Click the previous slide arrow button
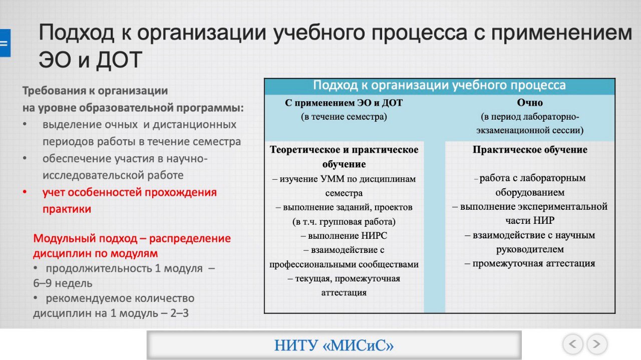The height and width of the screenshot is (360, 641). pyautogui.click(x=572, y=344)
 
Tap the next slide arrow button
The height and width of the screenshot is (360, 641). pyautogui.click(x=596, y=344)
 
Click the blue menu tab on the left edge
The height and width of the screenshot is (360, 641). pyautogui.click(x=5, y=43)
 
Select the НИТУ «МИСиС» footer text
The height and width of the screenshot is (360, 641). pyautogui.click(x=334, y=345)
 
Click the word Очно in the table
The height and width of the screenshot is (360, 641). pyautogui.click(x=530, y=103)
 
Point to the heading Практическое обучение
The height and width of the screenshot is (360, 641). pyautogui.click(x=530, y=150)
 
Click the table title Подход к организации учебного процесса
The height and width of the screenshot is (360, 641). pyautogui.click(x=439, y=85)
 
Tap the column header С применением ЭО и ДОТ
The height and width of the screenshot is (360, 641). pyautogui.click(x=344, y=103)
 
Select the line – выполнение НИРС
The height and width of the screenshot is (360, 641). pyautogui.click(x=344, y=236)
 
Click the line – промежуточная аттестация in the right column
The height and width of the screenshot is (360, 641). pyautogui.click(x=530, y=263)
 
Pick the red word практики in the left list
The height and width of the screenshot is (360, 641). pyautogui.click(x=67, y=209)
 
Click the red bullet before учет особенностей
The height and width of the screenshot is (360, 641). pyautogui.click(x=25, y=192)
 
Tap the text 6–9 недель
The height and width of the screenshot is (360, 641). pyautogui.click(x=63, y=283)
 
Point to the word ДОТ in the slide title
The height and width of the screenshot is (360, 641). pyautogui.click(x=119, y=60)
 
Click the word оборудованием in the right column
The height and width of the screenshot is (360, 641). pyautogui.click(x=530, y=193)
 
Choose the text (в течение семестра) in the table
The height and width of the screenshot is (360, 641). pyautogui.click(x=344, y=117)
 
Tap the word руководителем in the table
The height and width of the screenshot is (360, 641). pyautogui.click(x=530, y=249)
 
